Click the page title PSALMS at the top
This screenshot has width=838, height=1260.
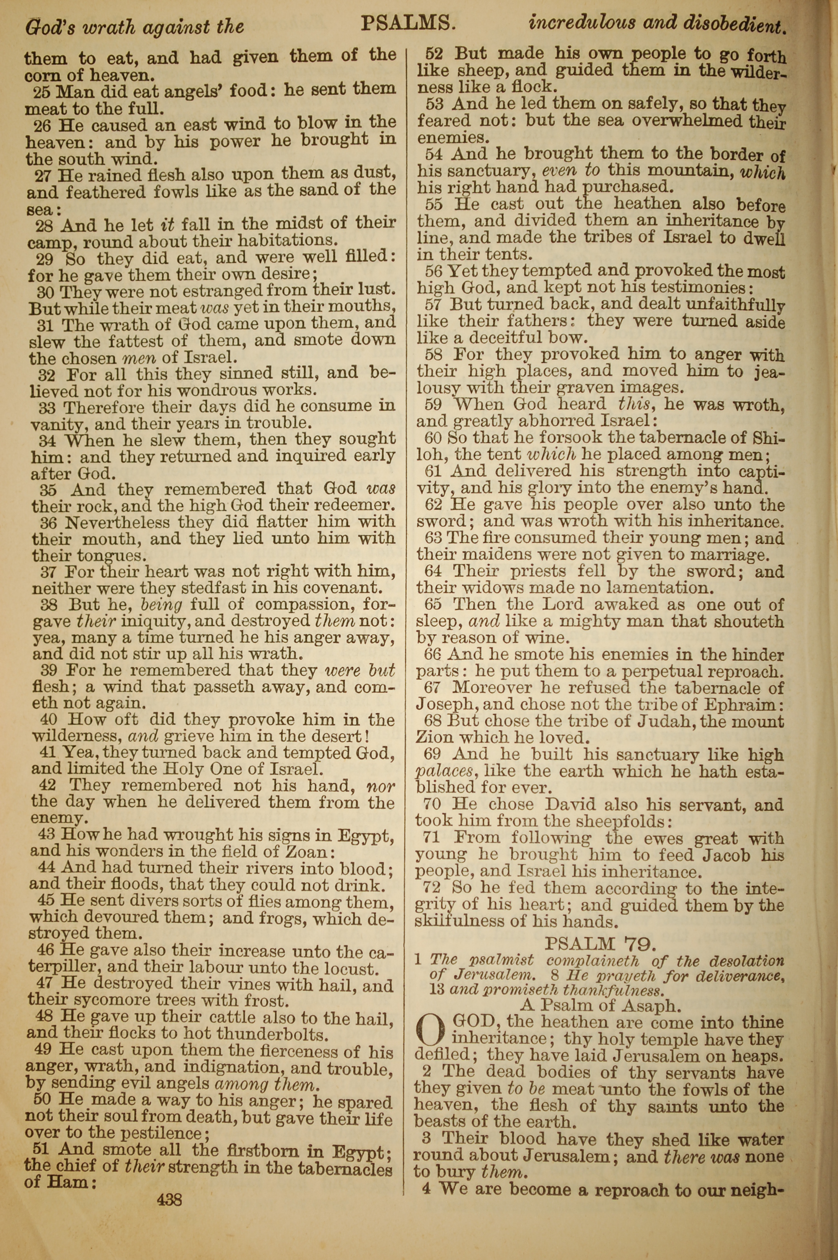[x=408, y=23]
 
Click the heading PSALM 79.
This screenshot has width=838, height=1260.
[x=599, y=943]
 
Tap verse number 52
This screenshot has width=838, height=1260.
[x=434, y=54]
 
